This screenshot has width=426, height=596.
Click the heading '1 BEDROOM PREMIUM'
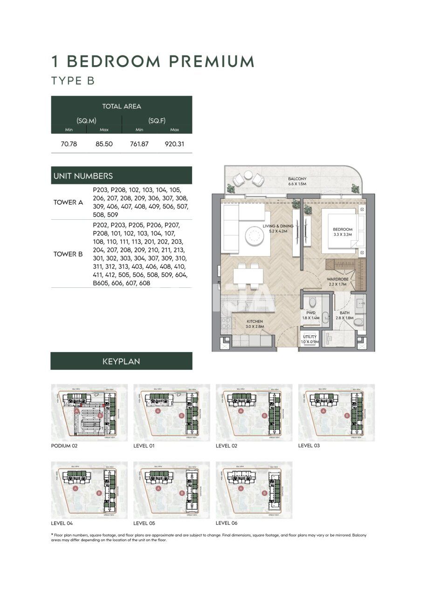tap(153, 61)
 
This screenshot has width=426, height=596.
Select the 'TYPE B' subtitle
tap(73, 81)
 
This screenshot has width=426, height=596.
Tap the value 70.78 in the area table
tap(69, 144)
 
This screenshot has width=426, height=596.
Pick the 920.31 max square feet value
tap(174, 144)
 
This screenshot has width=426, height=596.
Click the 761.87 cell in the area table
tap(139, 144)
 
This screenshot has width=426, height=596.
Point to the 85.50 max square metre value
tap(104, 144)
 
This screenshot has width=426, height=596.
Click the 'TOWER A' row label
tap(68, 203)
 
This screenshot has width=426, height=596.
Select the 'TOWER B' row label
tap(68, 254)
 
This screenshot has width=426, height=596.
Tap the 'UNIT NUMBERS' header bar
tap(121, 176)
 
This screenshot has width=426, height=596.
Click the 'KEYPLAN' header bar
tap(121, 361)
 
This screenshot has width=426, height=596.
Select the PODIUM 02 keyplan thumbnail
tap(89, 413)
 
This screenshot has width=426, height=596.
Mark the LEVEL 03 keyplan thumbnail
tap(336, 413)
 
